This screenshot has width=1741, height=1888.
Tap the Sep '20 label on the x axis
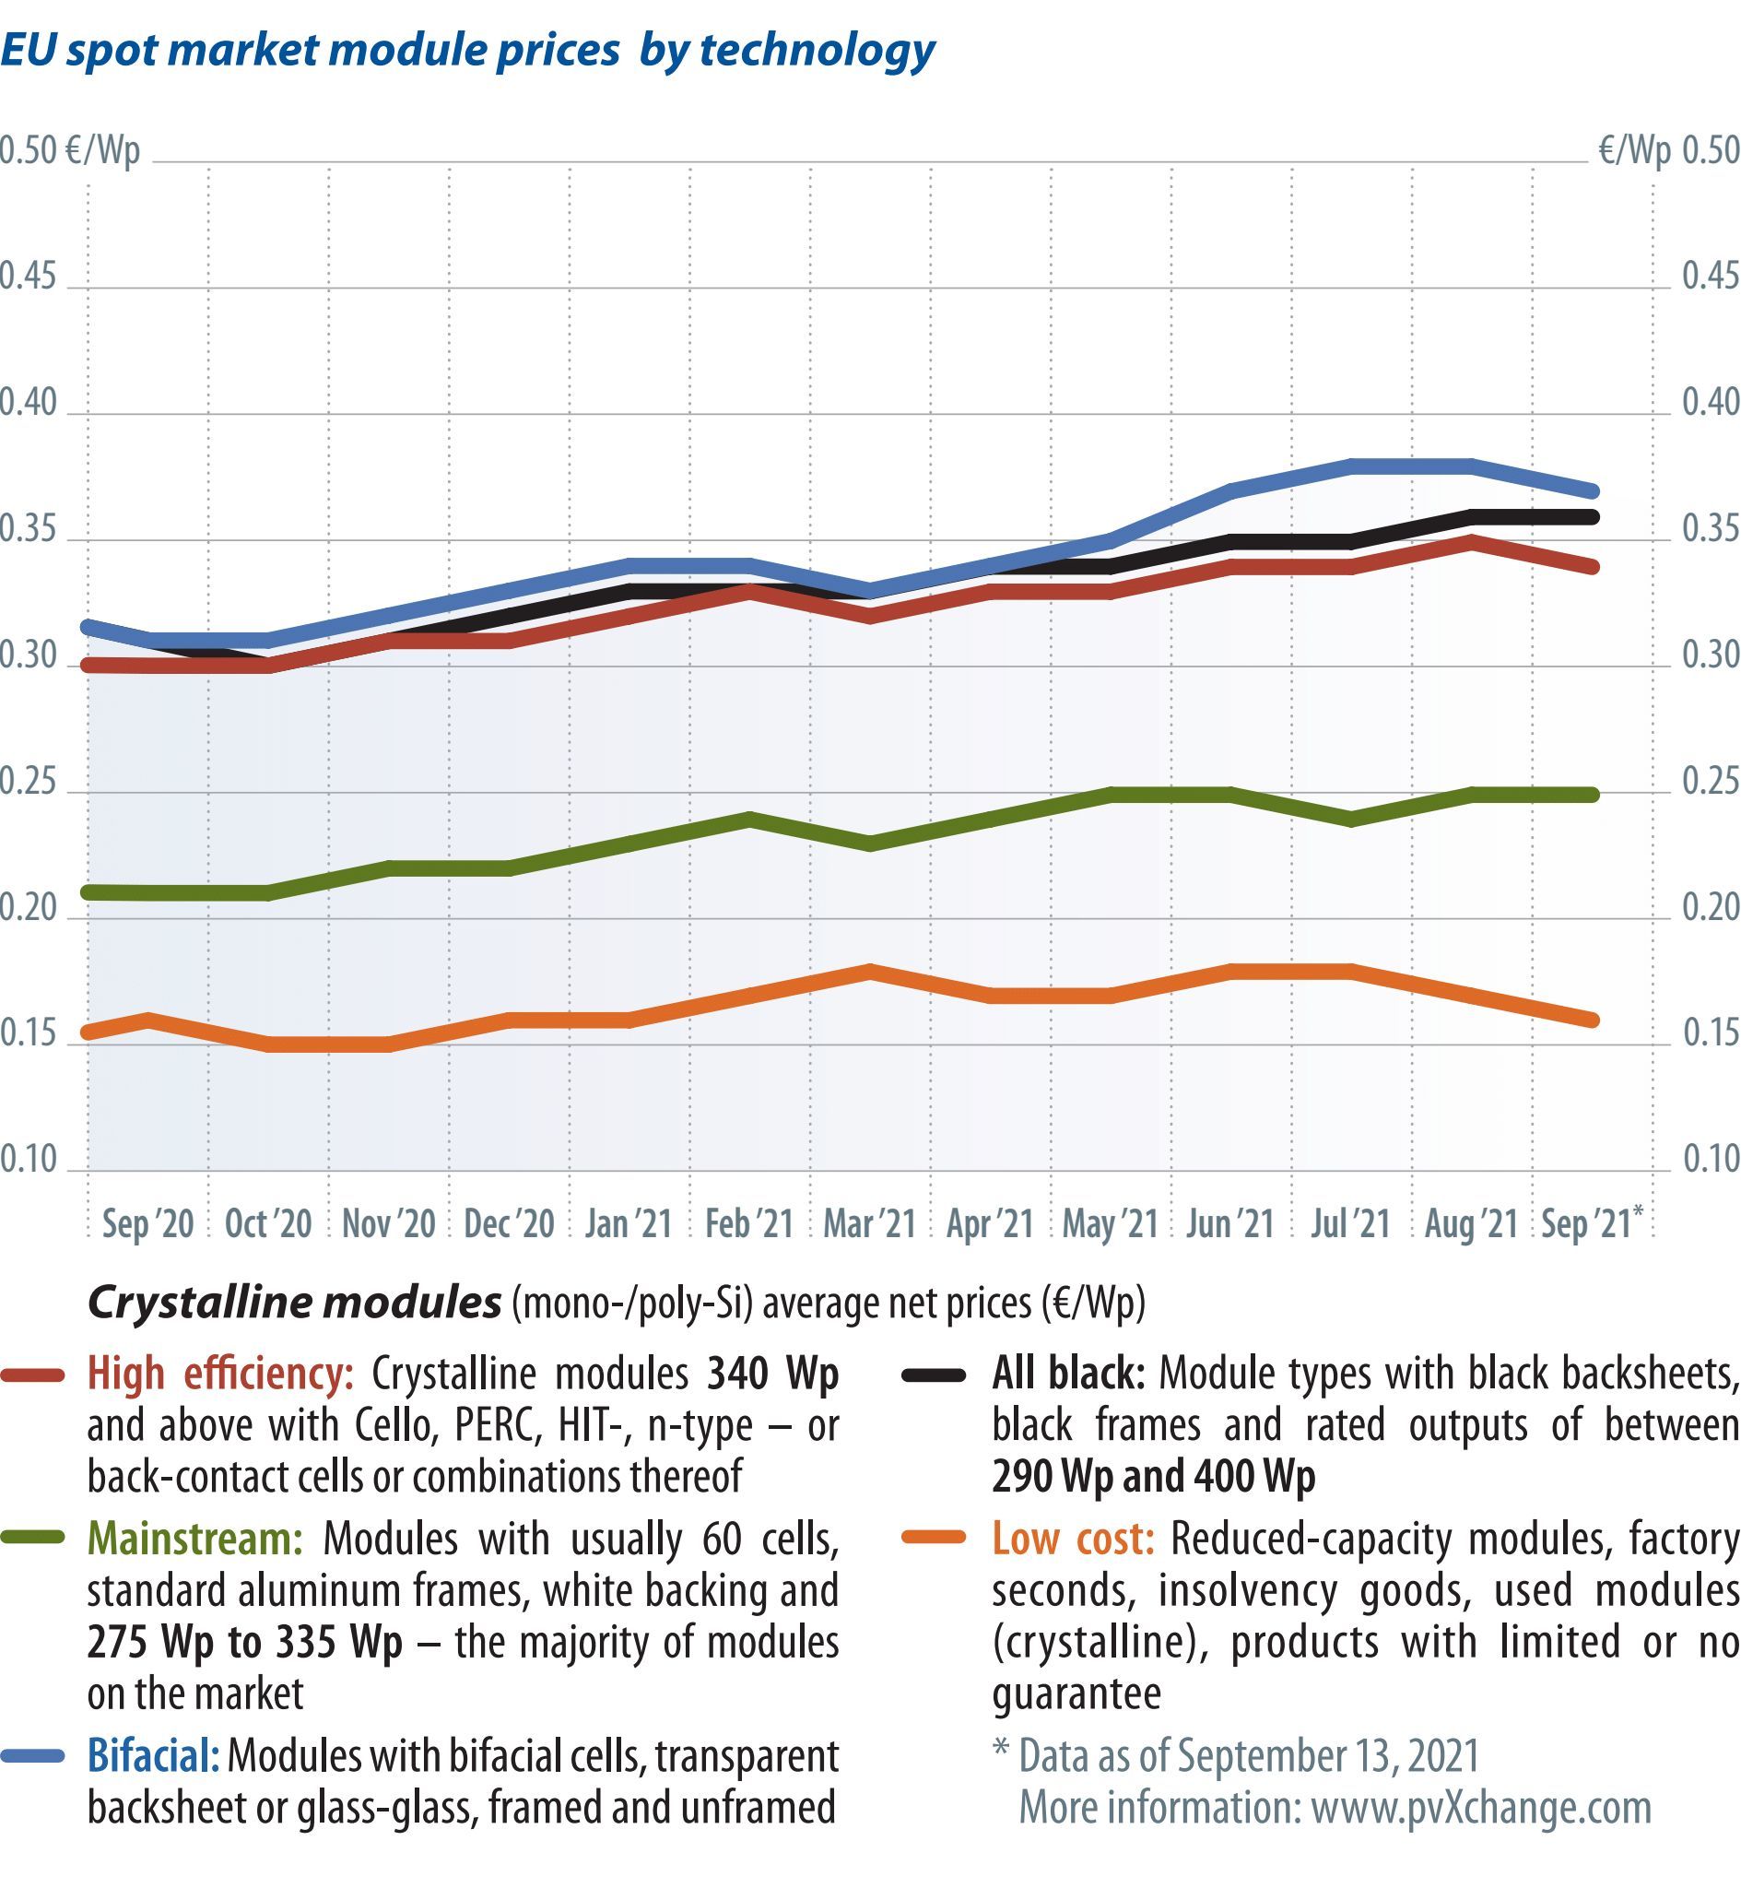(x=147, y=1224)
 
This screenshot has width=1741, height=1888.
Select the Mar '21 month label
(x=869, y=1224)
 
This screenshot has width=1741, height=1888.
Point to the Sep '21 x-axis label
(x=1587, y=1224)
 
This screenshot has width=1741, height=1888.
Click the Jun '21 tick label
(x=1229, y=1224)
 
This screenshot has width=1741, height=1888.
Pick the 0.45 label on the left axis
(x=29, y=277)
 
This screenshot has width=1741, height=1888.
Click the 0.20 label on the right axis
(x=1711, y=907)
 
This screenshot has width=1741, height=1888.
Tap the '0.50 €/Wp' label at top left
(x=69, y=151)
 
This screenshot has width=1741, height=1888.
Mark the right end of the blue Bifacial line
(x=1592, y=490)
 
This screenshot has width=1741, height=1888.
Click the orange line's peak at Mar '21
(x=869, y=971)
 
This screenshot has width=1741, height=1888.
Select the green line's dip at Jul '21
(x=1351, y=820)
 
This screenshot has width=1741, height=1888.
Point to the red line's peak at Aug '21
(x=1472, y=541)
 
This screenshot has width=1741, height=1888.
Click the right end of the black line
(x=1592, y=516)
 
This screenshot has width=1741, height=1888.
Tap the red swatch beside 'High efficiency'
(x=33, y=1376)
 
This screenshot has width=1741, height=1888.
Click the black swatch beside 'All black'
(x=934, y=1376)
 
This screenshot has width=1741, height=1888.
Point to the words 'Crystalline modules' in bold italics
(x=294, y=1304)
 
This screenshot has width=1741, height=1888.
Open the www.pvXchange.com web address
(x=1481, y=1808)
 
